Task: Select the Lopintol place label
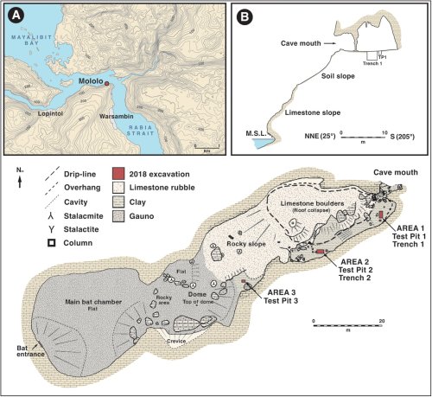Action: pyautogui.click(x=47, y=112)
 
